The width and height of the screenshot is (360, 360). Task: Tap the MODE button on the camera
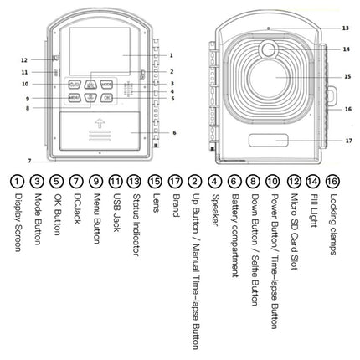[x=107, y=85]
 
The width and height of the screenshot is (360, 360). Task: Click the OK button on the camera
[x=106, y=98]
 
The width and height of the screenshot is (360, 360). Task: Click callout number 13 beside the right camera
[x=346, y=28]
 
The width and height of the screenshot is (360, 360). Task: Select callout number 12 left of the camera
[x=24, y=59]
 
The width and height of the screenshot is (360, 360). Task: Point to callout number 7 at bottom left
[x=29, y=160]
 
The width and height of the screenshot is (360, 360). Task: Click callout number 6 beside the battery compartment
[x=173, y=132]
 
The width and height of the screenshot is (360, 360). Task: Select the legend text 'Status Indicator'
[x=135, y=223]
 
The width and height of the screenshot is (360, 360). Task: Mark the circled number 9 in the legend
[x=95, y=180]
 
